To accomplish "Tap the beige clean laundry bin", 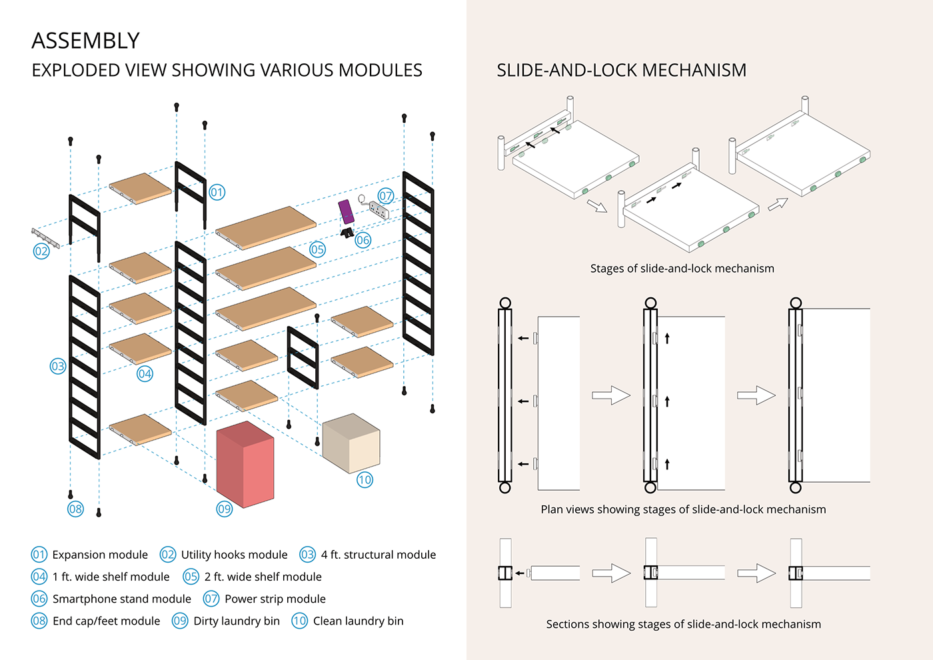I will (351, 443).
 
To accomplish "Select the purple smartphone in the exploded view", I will (346, 211).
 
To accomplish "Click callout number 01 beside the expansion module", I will (217, 193).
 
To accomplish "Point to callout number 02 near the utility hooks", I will (41, 251).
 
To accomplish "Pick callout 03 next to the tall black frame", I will (58, 366).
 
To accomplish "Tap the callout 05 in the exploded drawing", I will (317, 250).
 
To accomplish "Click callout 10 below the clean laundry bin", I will (365, 480).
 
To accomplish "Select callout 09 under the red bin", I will (225, 509).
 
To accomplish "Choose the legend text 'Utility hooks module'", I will (234, 555).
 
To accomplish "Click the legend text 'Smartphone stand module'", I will (121, 599).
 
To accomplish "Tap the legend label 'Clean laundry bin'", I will (358, 621).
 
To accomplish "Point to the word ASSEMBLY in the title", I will (85, 41).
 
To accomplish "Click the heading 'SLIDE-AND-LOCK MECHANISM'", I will (621, 70).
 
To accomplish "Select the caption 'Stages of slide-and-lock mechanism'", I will (682, 269).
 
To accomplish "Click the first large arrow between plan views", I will (610, 395).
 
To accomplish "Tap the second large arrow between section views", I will (756, 573).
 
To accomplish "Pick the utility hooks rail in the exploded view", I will (45, 237).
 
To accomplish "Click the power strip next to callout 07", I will (379, 211).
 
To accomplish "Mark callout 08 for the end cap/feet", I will (75, 509).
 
